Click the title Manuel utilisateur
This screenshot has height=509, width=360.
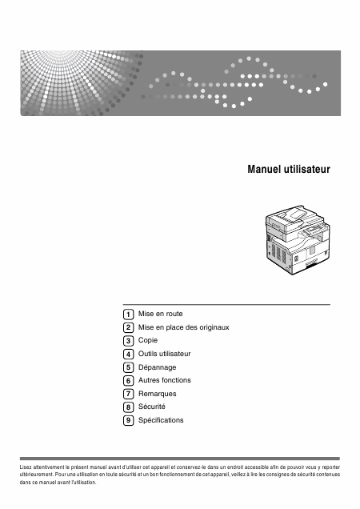point(289,169)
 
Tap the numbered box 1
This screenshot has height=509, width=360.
point(128,315)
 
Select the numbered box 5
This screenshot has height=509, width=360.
point(128,367)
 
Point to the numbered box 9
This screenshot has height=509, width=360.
point(128,420)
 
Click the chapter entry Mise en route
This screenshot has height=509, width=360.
point(160,314)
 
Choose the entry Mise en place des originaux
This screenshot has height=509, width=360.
point(184,327)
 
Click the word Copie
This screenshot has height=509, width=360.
point(148,340)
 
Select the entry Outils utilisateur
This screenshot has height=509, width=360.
point(164,354)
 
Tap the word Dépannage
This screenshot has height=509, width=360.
point(157,367)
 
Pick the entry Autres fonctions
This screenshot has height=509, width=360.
point(165,380)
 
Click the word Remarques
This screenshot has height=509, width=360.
point(157,394)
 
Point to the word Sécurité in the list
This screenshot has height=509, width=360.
point(151,407)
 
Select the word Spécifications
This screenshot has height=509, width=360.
point(161,420)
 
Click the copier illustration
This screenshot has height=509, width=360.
point(298,240)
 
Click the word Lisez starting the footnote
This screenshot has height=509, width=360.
point(25,467)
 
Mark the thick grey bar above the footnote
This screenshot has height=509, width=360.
point(180,459)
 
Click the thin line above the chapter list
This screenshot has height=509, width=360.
point(226,305)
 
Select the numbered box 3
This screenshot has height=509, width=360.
point(128,341)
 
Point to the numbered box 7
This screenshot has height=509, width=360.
point(128,394)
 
